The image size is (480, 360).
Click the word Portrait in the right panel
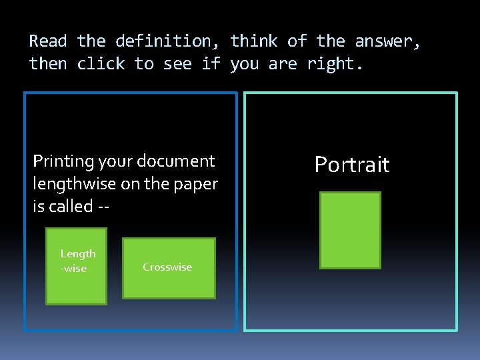click(x=351, y=165)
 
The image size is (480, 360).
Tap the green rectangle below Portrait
click(x=350, y=231)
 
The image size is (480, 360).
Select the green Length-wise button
click(x=76, y=266)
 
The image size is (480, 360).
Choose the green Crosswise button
click(x=169, y=267)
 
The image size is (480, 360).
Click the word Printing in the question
click(x=63, y=161)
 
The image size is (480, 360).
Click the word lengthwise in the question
click(x=75, y=184)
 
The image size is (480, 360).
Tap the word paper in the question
click(x=197, y=184)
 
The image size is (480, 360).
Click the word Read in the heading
click(x=48, y=41)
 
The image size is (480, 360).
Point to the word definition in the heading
click(x=163, y=41)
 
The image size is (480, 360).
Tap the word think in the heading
click(x=254, y=41)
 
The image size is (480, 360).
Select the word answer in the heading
click(x=387, y=41)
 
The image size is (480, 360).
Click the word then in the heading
click(x=48, y=64)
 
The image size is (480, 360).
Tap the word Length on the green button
click(x=78, y=253)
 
